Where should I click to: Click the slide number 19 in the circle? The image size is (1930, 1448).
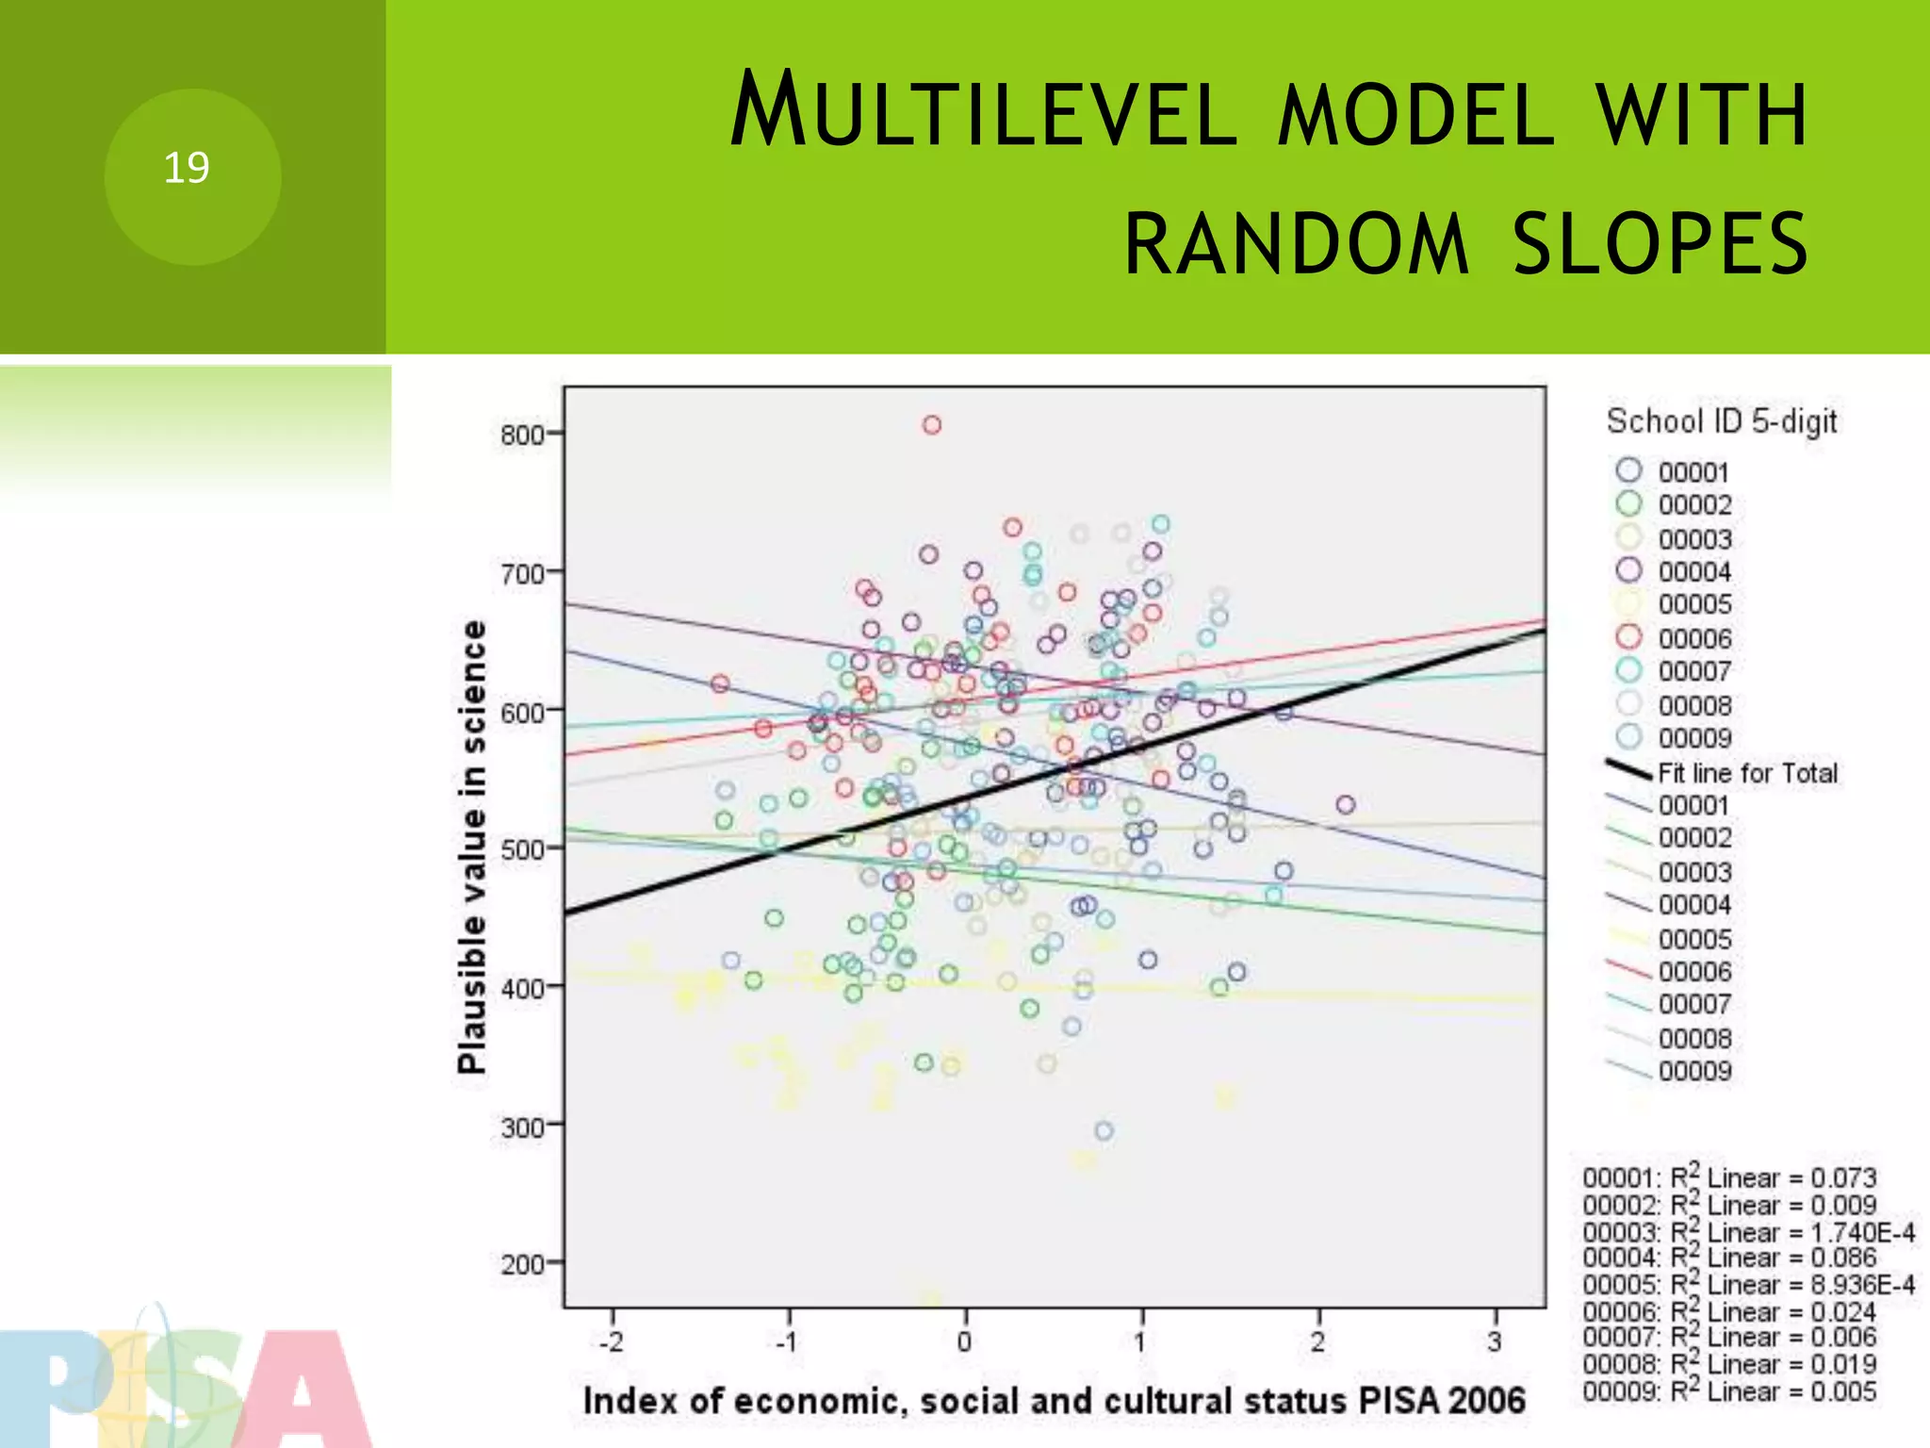[187, 169]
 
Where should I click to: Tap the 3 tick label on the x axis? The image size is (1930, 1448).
[1495, 1341]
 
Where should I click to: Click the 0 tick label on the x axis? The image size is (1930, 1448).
[964, 1341]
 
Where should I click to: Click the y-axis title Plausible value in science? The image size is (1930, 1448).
[472, 847]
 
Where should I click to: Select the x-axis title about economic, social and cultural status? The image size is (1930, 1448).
[1054, 1401]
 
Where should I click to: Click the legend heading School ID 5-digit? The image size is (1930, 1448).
[1722, 421]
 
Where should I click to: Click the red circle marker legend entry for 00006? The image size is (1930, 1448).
[1629, 637]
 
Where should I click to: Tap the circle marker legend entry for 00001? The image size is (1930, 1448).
[1629, 470]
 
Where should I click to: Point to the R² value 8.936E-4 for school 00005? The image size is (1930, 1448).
[1862, 1285]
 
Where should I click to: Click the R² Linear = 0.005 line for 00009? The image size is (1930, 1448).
[1730, 1391]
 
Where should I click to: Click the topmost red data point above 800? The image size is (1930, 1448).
[932, 425]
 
